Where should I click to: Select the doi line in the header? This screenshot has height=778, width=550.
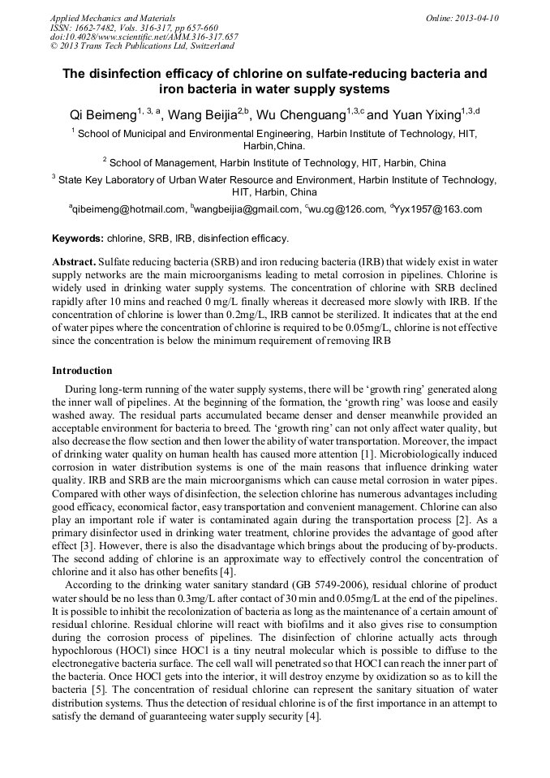coord(144,37)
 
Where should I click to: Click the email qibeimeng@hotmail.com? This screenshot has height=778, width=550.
coord(130,209)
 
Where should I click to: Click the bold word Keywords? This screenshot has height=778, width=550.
coord(78,239)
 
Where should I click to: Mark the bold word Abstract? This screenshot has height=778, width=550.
coord(74,263)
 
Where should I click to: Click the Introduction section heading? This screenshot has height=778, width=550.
coord(82,371)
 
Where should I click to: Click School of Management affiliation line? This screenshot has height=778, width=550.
coord(277,162)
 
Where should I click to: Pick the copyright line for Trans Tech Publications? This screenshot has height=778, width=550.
coord(142,46)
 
